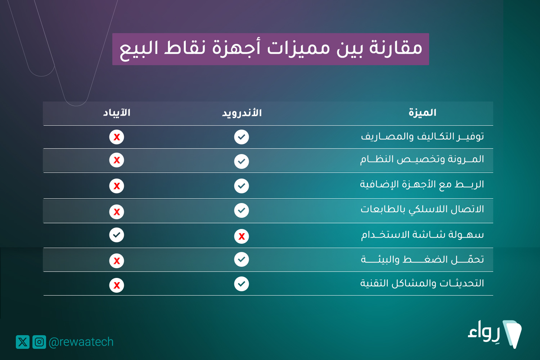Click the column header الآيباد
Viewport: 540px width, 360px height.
[x=117, y=113]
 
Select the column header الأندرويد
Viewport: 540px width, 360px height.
[x=242, y=113]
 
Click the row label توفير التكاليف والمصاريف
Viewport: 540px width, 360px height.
[x=422, y=136]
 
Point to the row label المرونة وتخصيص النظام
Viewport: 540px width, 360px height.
[x=422, y=159]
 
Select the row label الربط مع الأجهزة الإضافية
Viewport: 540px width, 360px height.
[x=422, y=185]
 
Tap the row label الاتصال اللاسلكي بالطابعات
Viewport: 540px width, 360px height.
[x=422, y=209]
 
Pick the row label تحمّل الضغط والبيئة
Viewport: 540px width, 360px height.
[x=422, y=259]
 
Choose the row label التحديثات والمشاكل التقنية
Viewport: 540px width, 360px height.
[x=422, y=283]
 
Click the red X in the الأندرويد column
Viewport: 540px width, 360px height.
[x=242, y=236]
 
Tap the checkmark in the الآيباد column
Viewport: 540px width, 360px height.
[x=117, y=235]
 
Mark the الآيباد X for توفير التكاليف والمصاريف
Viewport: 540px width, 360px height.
[x=117, y=137]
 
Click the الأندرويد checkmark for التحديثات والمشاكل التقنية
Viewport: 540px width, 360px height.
[x=242, y=284]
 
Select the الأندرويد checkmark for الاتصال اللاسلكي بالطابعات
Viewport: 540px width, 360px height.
[x=242, y=211]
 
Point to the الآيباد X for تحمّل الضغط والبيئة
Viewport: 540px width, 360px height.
[x=117, y=261]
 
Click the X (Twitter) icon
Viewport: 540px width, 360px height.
[x=23, y=342]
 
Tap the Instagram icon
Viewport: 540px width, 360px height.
[x=39, y=342]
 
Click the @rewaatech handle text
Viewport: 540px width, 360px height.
[x=81, y=342]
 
